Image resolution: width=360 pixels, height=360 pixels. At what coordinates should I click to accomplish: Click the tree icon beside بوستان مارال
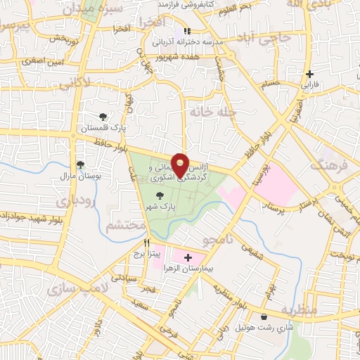(x=80, y=165)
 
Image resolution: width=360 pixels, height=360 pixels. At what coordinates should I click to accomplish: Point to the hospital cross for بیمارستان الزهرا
(x=188, y=258)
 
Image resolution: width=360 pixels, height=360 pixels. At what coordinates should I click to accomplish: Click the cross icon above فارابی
(x=309, y=74)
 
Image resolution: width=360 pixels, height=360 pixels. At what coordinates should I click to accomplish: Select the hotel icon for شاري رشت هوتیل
(x=264, y=317)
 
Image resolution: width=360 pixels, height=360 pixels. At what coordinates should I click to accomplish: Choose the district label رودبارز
(x=69, y=201)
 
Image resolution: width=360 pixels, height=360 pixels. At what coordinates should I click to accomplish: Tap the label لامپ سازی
(x=73, y=288)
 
